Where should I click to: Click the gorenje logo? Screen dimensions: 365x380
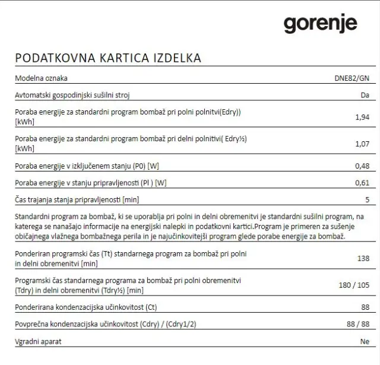[x=320, y=24]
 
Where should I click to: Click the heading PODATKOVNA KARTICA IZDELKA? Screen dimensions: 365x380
[x=107, y=58]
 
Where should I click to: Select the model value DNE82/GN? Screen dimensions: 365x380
[x=352, y=78]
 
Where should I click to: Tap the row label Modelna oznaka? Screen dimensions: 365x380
[x=41, y=78]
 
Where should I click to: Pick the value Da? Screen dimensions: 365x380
[x=365, y=96]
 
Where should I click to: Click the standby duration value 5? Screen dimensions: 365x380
[x=367, y=199]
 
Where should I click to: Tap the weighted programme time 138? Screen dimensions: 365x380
[x=362, y=259]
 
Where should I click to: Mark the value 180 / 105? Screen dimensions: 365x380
[x=354, y=285]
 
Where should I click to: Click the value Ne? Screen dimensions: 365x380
[x=365, y=342]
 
